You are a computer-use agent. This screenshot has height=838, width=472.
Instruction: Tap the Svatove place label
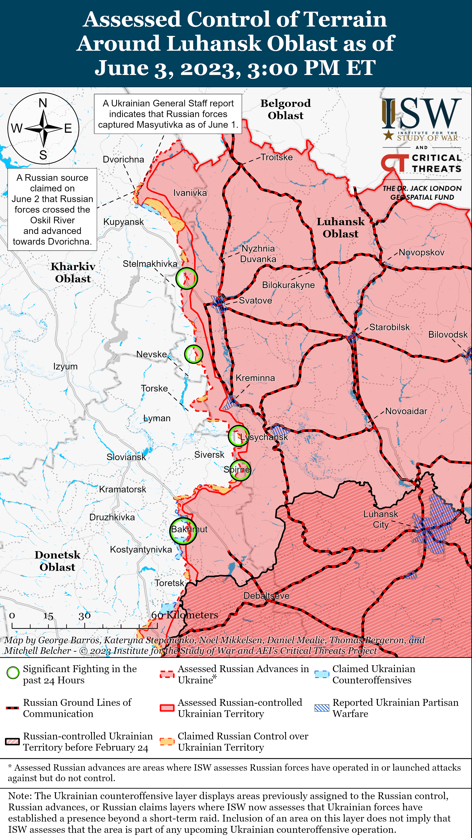click(255, 300)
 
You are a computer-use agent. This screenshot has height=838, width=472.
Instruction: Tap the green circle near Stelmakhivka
click(186, 278)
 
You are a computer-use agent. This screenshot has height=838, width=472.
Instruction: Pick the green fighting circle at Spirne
click(240, 470)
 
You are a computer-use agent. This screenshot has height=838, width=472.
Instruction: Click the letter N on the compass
click(43, 103)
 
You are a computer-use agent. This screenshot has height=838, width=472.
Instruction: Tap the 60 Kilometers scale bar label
click(184, 615)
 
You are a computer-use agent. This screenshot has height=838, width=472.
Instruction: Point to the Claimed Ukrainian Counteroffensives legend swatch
click(322, 674)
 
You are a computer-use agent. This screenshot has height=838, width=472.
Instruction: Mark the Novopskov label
click(421, 252)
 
